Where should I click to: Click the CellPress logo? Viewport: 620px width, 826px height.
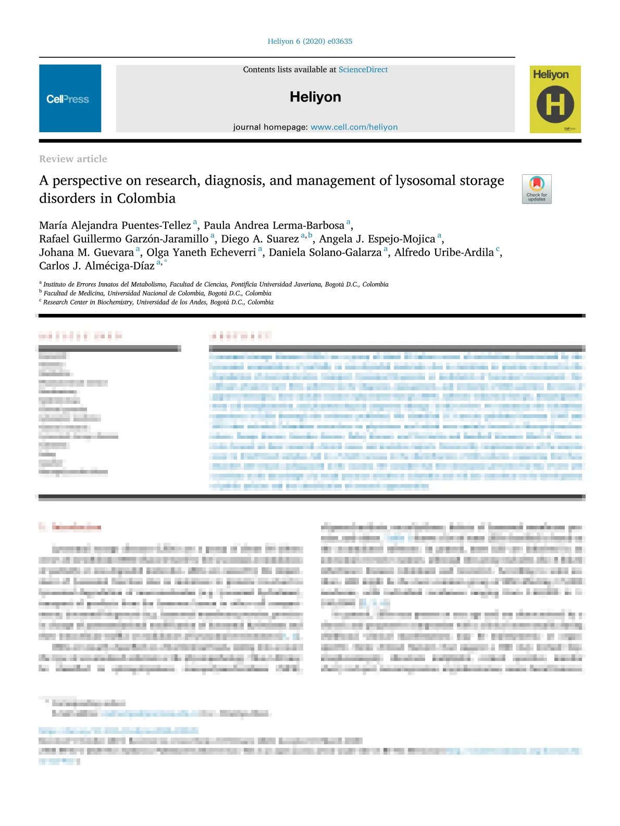pos(68,99)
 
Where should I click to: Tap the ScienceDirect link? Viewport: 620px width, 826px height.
pos(363,70)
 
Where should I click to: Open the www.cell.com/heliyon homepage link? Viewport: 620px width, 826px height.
pos(354,127)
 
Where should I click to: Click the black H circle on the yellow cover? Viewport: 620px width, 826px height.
pos(555,105)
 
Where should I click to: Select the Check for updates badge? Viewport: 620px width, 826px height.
pos(537,189)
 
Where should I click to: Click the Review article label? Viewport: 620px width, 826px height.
pos(73,159)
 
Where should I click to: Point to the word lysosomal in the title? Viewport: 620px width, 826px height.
pos(426,181)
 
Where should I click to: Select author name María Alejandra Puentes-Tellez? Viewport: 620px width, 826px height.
pos(115,226)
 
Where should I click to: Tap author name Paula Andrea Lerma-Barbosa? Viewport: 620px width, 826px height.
pos(274,226)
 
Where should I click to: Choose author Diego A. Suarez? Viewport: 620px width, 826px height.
pos(260,239)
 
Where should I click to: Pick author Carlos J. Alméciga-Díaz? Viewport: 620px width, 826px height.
pos(97,266)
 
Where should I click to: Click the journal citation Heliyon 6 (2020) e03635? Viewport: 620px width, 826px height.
pos(310,42)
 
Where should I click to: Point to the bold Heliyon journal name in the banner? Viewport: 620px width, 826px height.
pos(315,97)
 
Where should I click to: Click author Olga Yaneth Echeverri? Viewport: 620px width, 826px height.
pos(201,253)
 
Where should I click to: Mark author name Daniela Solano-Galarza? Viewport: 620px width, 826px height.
pos(325,253)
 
